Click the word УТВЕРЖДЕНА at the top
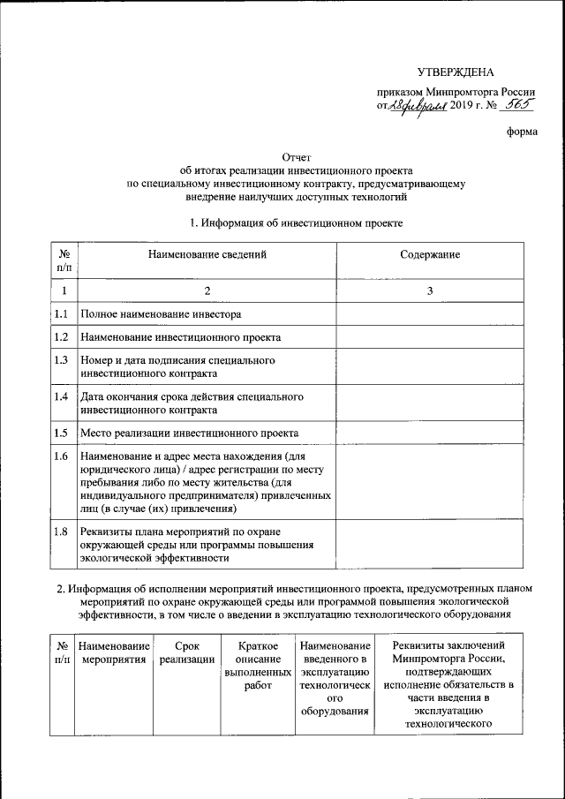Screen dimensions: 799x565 456,72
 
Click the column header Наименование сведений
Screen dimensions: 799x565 207,254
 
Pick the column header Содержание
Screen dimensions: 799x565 429,254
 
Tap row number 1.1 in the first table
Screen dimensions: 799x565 62,314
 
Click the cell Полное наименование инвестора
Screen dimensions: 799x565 161,314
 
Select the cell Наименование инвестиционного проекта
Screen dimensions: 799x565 180,337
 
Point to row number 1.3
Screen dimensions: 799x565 62,360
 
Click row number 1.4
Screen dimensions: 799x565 62,396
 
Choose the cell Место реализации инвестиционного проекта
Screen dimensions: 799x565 189,433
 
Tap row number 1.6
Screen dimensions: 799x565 62,456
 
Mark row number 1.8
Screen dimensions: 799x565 62,531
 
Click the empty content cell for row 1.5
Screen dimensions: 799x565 429,433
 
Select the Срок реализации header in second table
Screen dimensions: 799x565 187,652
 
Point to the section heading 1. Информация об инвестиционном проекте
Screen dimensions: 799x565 296,223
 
